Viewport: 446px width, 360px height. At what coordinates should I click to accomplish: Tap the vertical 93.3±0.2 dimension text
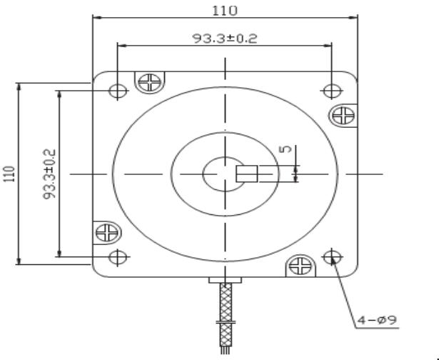pyautogui.click(x=50, y=175)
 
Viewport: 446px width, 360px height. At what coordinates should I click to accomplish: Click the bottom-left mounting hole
pyautogui.click(x=118, y=256)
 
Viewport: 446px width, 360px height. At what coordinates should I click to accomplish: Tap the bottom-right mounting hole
pyautogui.click(x=331, y=256)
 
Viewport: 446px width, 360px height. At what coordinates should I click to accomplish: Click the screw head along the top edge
pyautogui.click(x=151, y=82)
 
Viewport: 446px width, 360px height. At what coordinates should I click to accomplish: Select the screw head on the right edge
pyautogui.click(x=345, y=114)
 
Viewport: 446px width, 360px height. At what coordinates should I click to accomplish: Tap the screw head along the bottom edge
pyautogui.click(x=298, y=266)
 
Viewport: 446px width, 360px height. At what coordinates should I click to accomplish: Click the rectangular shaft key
pyautogui.click(x=247, y=174)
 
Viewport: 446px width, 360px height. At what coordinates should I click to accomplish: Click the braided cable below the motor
pyautogui.click(x=227, y=303)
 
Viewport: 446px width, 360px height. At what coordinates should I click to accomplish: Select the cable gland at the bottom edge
pyautogui.click(x=225, y=279)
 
